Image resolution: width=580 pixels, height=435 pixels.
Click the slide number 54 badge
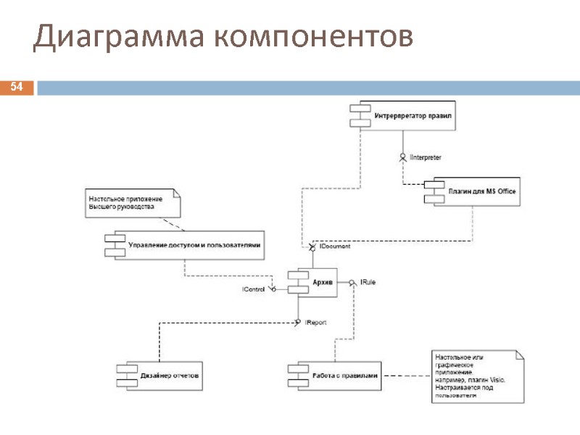point(17,88)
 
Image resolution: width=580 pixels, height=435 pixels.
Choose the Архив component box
point(312,283)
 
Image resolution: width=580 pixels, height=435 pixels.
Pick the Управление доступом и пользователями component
point(186,244)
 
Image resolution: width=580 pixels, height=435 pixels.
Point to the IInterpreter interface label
point(426,157)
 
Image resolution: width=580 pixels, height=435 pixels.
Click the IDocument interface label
point(335,246)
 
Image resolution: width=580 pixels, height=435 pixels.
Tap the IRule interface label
point(368,281)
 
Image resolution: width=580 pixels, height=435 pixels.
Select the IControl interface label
point(254,290)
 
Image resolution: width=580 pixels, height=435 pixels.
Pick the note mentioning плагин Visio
point(476,376)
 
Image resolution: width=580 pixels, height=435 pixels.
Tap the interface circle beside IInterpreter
point(402,155)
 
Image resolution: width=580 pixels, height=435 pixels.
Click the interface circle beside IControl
point(273,289)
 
